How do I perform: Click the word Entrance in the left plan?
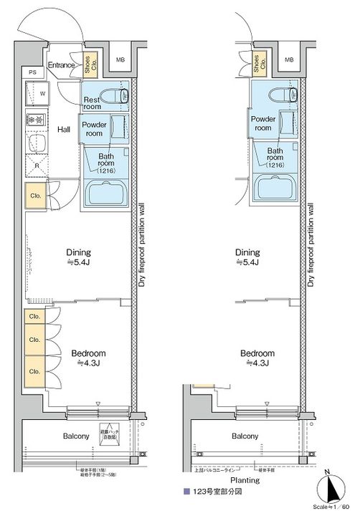click(x=62, y=65)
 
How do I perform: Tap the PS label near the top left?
click(x=32, y=72)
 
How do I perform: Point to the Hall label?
click(x=64, y=130)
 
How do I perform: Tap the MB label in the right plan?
click(x=288, y=59)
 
